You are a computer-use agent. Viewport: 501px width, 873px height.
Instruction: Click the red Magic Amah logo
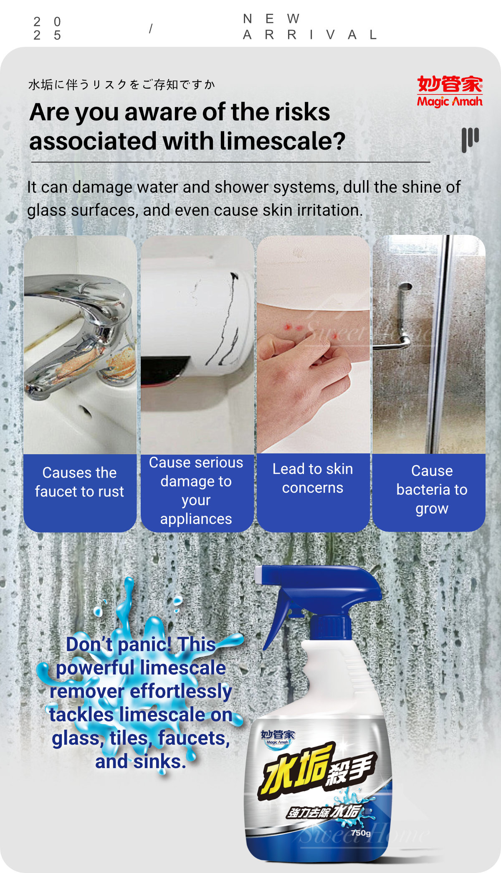[450, 91]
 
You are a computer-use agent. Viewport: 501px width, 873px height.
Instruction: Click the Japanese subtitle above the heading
[121, 85]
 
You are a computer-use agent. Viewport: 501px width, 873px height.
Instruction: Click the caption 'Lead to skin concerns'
[313, 478]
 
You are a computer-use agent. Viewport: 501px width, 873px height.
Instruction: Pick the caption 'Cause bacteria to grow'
[432, 489]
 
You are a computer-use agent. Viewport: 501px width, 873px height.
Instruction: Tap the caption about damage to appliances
[196, 491]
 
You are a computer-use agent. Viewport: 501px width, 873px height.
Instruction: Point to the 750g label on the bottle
[361, 832]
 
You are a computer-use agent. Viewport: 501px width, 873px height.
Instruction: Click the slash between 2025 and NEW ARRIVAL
[151, 28]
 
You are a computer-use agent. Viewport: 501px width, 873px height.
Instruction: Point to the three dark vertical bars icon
[470, 140]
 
